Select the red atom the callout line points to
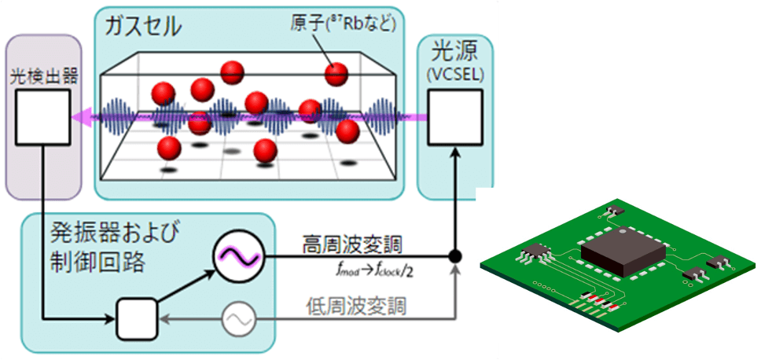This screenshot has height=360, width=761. (x=337, y=75)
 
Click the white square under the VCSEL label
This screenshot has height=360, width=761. (x=454, y=117)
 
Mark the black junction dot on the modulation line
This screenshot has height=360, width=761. (x=454, y=257)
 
